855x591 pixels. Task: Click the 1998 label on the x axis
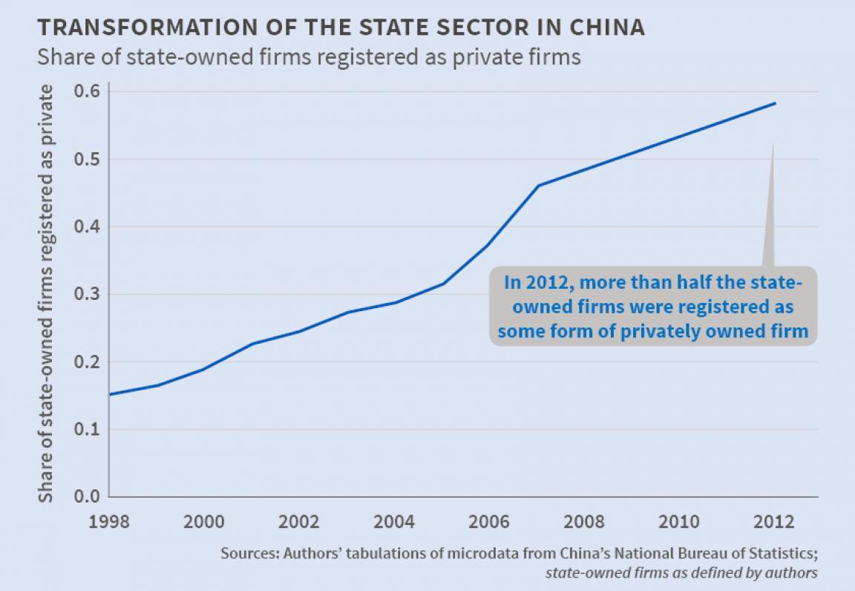(x=109, y=520)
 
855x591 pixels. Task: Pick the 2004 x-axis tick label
(x=394, y=520)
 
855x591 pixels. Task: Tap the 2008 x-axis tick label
(x=584, y=520)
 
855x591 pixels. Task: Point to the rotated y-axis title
(x=46, y=293)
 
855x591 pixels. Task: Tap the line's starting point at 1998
(x=110, y=394)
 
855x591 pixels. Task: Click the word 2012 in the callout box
(x=546, y=283)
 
